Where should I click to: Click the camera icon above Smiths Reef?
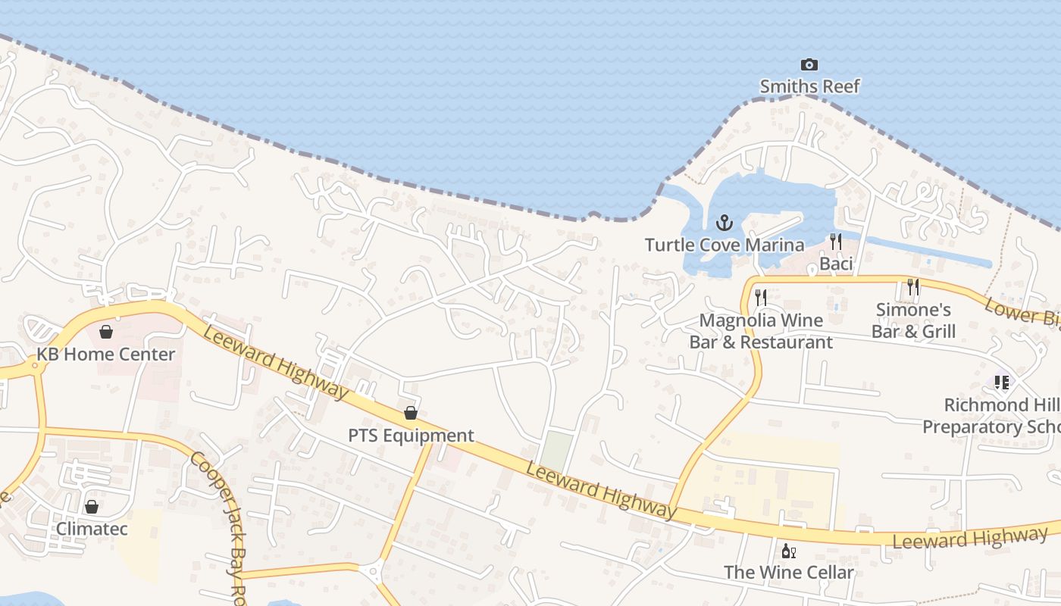(x=809, y=65)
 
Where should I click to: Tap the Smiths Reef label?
(x=809, y=86)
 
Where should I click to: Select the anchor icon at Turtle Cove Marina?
(x=725, y=223)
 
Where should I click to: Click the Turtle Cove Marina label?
(x=725, y=245)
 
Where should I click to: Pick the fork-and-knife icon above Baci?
(x=836, y=242)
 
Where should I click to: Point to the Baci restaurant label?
(x=836, y=264)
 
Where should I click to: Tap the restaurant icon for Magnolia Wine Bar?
(x=761, y=298)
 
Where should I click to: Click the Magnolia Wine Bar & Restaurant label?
(x=761, y=331)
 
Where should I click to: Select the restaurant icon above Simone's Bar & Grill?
(x=913, y=287)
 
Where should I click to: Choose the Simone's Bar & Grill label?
(x=913, y=320)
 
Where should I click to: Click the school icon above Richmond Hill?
(x=1002, y=383)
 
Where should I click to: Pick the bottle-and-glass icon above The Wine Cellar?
(x=788, y=551)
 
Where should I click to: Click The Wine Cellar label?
(x=788, y=572)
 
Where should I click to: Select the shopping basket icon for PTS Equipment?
(x=411, y=413)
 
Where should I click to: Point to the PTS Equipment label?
(x=411, y=436)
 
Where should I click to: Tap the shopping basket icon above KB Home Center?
(x=106, y=332)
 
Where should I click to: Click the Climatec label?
(x=92, y=528)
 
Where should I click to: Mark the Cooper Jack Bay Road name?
(x=220, y=523)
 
